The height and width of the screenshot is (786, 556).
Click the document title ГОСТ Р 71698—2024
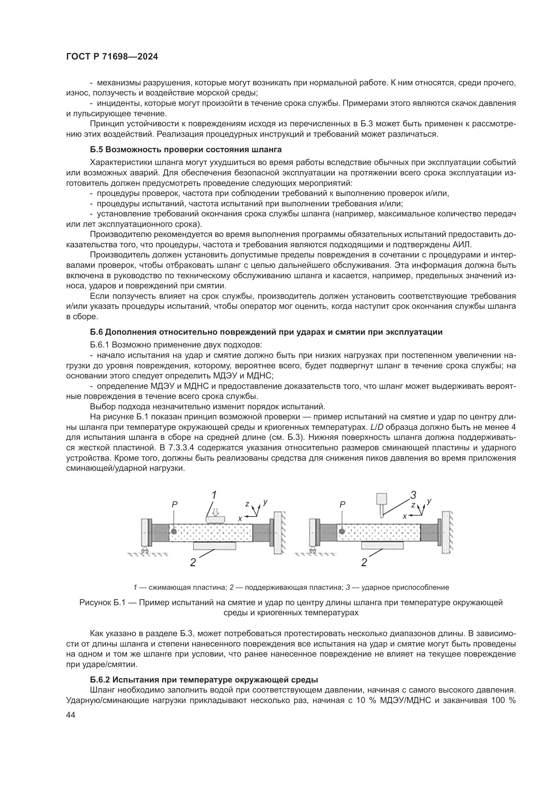coord(112,57)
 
